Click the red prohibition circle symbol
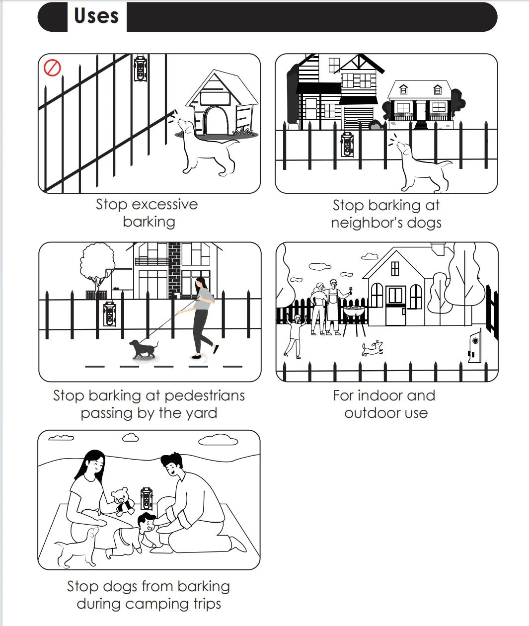52,68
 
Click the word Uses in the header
96,16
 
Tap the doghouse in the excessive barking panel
222,103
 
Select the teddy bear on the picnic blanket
123,501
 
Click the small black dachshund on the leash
143,349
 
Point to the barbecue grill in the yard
354,320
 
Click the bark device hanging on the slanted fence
141,69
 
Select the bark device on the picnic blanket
147,499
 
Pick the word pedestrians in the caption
205,396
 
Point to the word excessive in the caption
165,204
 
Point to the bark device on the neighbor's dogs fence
347,144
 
